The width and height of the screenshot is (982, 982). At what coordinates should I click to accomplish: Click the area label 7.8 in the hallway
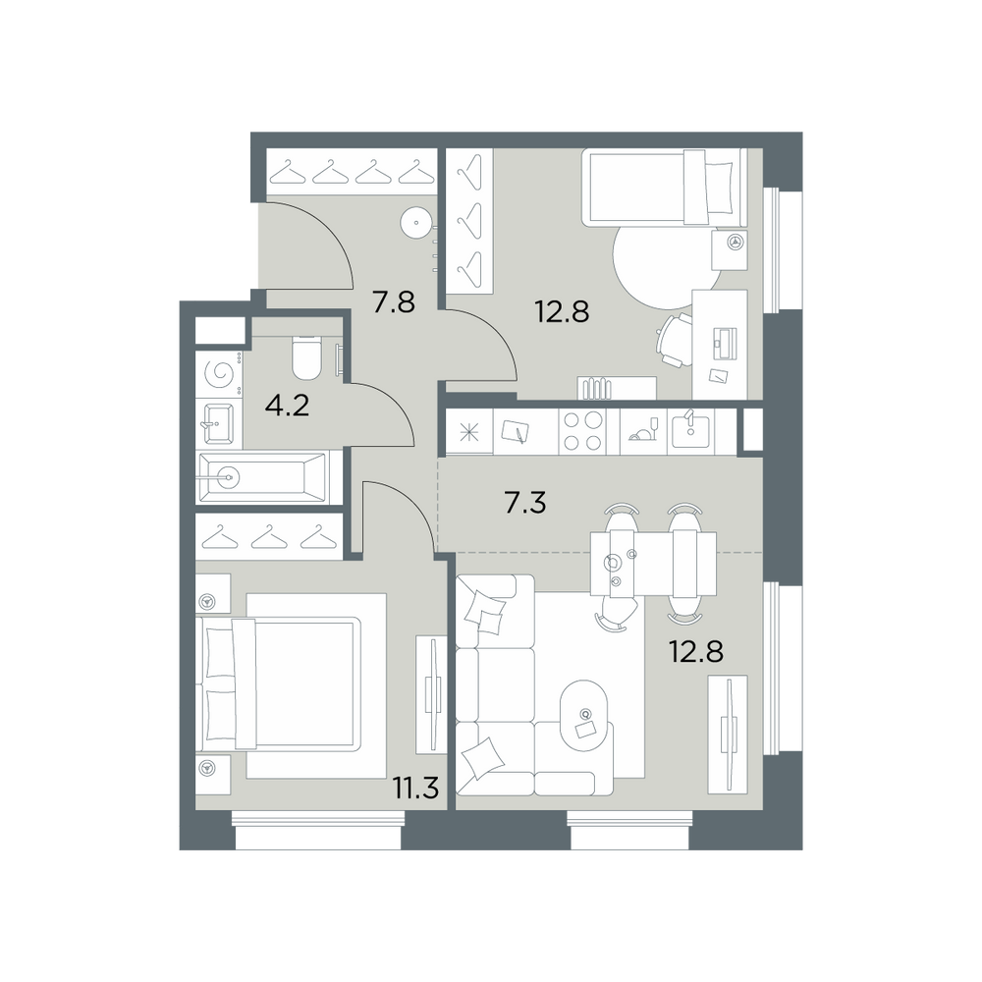pos(394,303)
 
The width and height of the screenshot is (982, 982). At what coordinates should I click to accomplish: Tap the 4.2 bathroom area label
pos(288,407)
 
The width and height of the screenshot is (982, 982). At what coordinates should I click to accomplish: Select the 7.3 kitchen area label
pos(524,503)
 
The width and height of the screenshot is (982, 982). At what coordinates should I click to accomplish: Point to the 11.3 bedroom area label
pos(415,788)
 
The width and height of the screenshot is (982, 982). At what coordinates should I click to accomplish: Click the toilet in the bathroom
pos(306,358)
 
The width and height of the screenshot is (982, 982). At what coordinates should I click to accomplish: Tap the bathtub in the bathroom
pos(262,478)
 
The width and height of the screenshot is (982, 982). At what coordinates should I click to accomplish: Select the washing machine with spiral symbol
pos(219,374)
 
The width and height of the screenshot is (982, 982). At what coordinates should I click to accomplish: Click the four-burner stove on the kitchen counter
pos(582,431)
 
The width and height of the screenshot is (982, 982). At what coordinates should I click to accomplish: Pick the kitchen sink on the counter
pos(690,431)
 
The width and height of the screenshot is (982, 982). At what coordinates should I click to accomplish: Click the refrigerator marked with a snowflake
pos(469,431)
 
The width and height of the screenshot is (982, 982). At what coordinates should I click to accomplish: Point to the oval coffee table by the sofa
pos(585,715)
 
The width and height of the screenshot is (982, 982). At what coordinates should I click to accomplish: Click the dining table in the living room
pos(653,563)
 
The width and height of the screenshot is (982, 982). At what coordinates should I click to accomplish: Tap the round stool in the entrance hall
pos(415,222)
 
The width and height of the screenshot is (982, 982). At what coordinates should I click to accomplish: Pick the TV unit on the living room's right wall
pos(728,734)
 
